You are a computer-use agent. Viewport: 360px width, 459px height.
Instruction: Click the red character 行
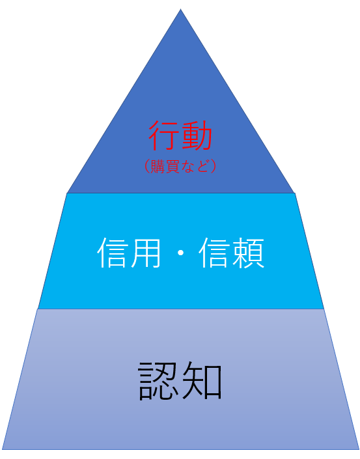(163, 135)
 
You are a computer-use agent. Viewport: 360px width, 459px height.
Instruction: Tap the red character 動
(197, 135)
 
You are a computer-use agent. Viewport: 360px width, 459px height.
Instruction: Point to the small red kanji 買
(173, 167)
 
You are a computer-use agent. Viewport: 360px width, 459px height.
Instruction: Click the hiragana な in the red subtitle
(187, 167)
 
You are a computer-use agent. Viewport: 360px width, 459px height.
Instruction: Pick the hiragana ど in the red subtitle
(202, 167)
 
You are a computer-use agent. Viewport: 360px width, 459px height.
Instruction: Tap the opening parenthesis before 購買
(147, 167)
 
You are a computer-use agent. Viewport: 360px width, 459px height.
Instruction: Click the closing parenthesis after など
(213, 167)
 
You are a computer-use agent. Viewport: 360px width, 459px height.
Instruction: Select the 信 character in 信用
(113, 253)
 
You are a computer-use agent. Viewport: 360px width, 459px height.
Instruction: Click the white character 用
(146, 253)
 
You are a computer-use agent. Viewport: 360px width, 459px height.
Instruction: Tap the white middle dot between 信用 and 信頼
(180, 253)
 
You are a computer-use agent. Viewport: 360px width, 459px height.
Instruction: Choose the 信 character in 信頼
(215, 253)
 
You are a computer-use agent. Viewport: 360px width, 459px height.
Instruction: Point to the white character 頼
(248, 253)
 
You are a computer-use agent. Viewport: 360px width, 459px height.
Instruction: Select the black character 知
(202, 381)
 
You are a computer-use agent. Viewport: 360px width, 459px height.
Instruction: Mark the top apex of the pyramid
(180, 9)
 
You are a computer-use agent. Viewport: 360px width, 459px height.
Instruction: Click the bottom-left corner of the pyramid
(3, 449)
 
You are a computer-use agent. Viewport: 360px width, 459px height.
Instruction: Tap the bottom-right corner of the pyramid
(359, 449)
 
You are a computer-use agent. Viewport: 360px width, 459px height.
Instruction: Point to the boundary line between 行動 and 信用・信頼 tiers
(180, 193)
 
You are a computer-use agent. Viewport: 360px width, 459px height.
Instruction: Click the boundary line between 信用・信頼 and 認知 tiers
(180, 309)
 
